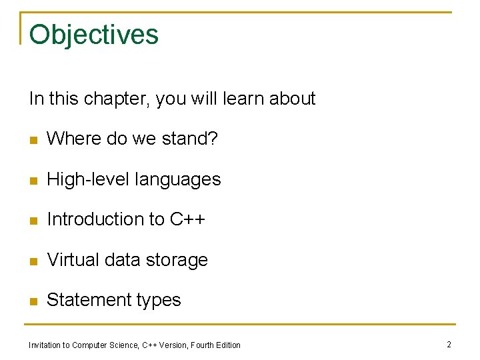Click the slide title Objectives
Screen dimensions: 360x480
click(x=94, y=35)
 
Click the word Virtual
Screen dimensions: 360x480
click(x=71, y=260)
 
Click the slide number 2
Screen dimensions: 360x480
click(x=449, y=344)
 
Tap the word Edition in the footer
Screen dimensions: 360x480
click(x=227, y=345)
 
